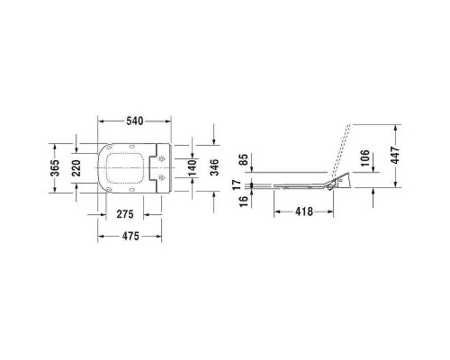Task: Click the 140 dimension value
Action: (x=191, y=167)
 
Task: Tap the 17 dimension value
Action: (x=238, y=185)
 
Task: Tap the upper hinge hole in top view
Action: (x=162, y=160)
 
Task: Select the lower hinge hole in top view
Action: (x=162, y=179)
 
